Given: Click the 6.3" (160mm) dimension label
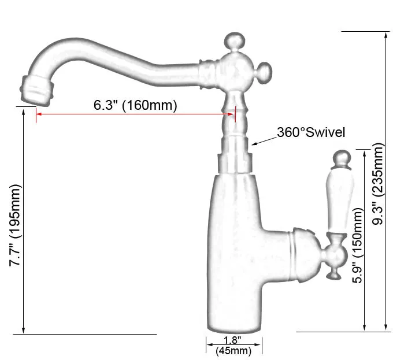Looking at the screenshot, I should [x=135, y=105].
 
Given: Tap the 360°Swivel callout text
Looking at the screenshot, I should [x=311, y=132].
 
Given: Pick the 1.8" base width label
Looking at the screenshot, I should [x=233, y=341].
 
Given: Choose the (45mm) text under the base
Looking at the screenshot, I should [x=233, y=351].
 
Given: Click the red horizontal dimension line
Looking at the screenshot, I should [x=135, y=114].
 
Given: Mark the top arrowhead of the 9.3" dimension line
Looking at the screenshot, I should [x=385, y=35].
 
